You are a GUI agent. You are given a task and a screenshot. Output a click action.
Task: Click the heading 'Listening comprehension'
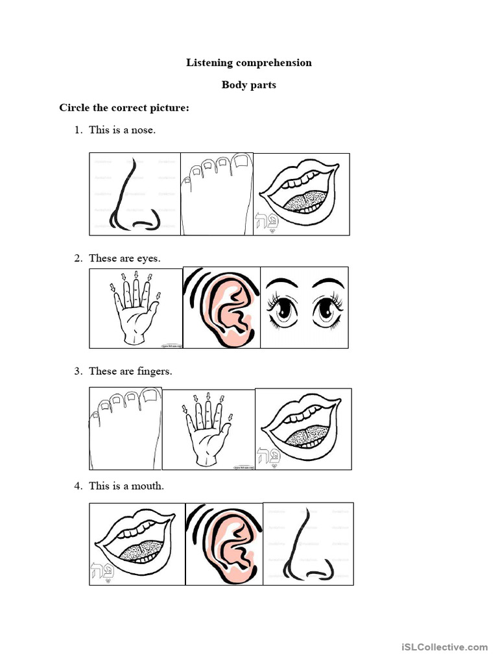pyautogui.click(x=249, y=63)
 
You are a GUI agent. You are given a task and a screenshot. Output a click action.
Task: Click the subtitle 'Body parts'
pyautogui.click(x=249, y=85)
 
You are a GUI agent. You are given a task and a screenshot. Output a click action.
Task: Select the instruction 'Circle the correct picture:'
pyautogui.click(x=124, y=108)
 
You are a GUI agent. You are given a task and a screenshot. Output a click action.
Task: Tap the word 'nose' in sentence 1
pyautogui.click(x=143, y=130)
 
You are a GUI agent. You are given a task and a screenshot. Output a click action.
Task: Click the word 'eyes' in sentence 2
pyautogui.click(x=148, y=258)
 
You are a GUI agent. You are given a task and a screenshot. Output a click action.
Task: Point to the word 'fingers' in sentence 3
pyautogui.click(x=155, y=372)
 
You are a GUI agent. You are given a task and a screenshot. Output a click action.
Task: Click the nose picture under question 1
pyautogui.click(x=135, y=195)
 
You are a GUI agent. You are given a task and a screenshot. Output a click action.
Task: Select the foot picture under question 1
pyautogui.click(x=217, y=195)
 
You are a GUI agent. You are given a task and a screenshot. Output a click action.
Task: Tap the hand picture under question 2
pyautogui.click(x=136, y=308)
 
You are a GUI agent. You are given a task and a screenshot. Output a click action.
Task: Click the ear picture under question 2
pyautogui.click(x=222, y=308)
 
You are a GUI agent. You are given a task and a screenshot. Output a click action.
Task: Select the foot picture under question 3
pyautogui.click(x=125, y=428)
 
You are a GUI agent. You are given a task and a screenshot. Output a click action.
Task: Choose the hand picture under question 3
pyautogui.click(x=208, y=429)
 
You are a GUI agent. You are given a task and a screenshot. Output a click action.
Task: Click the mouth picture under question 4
pyautogui.click(x=136, y=543)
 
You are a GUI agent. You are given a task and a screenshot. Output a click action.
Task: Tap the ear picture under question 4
pyautogui.click(x=224, y=543)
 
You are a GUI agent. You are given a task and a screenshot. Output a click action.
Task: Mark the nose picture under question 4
pyautogui.click(x=308, y=543)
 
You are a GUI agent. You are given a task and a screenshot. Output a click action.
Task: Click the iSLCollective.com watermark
pyautogui.click(x=444, y=647)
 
